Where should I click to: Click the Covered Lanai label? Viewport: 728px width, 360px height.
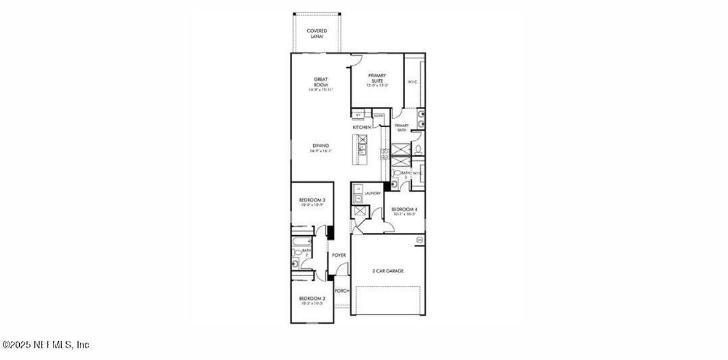click(316, 34)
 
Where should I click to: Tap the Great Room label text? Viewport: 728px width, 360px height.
click(320, 82)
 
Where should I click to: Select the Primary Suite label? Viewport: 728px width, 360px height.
click(377, 78)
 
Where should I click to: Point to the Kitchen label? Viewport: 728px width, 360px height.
click(361, 128)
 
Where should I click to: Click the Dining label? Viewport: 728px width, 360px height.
click(320, 145)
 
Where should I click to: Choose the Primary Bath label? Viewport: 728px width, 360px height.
click(402, 127)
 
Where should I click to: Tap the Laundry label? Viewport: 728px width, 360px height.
click(372, 193)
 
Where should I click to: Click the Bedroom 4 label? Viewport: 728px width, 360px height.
click(405, 209)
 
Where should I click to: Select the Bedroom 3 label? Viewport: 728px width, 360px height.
click(312, 200)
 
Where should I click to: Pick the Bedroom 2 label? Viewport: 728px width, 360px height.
click(312, 299)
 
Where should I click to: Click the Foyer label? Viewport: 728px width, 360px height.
click(339, 255)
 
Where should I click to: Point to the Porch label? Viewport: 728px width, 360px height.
click(342, 291)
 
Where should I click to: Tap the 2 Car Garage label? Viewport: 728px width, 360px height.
click(388, 271)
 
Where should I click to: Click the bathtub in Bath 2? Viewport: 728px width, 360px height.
click(298, 242)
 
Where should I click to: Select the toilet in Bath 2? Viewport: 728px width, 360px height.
click(296, 263)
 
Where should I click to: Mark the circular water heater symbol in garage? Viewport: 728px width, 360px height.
click(420, 240)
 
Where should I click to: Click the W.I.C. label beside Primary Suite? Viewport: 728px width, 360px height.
click(413, 82)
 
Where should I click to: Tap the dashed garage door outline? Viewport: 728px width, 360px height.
click(388, 300)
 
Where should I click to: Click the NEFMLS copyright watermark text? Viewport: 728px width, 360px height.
click(46, 345)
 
